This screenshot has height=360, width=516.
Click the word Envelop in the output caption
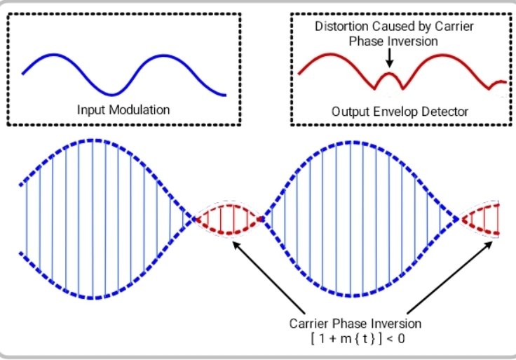(x=398, y=111)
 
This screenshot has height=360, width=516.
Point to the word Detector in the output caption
(x=444, y=111)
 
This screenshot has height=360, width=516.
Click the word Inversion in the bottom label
(x=396, y=324)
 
